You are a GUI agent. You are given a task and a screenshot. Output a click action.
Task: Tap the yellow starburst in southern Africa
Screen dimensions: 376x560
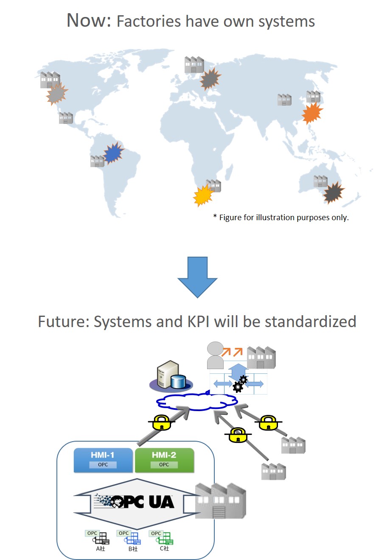point(203,196)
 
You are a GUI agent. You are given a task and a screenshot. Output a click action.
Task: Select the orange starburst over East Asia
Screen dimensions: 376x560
point(312,113)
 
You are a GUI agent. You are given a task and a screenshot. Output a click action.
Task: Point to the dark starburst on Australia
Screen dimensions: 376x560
point(333,193)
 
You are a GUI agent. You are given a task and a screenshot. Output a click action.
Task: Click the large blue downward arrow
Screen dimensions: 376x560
point(197,276)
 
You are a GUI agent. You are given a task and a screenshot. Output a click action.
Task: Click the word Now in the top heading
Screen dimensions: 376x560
point(88,20)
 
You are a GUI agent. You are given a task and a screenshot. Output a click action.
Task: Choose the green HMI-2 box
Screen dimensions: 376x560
point(164,460)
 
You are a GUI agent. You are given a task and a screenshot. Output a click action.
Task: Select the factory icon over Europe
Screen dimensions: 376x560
point(194,64)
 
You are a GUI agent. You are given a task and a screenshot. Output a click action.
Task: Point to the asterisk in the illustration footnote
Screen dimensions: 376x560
point(215,217)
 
